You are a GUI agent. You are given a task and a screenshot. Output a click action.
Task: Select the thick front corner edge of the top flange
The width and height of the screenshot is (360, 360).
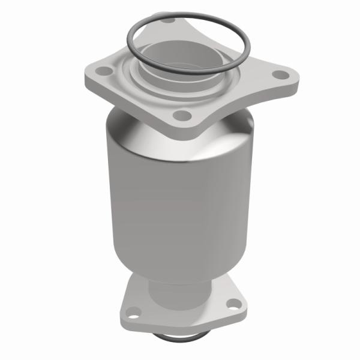tap(180, 130)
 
